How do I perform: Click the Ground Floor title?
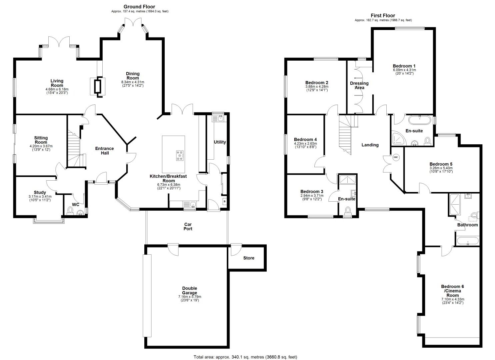[x=139, y=7]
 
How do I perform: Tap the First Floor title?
[x=383, y=15]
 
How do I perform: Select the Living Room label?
[x=57, y=83]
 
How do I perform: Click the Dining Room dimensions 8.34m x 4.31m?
[x=133, y=82]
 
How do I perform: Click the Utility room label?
[x=220, y=142]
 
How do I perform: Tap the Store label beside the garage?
[x=249, y=258]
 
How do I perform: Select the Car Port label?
[x=188, y=227]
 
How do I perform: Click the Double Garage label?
[x=189, y=290]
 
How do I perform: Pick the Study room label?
[x=40, y=192]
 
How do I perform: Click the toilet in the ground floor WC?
[x=70, y=211]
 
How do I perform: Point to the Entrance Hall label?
[x=104, y=151]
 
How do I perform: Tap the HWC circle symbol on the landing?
[x=396, y=158]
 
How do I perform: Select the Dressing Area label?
[x=359, y=85]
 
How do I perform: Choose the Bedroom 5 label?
[x=441, y=164]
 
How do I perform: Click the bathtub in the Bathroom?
[x=468, y=241]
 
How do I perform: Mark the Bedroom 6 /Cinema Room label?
[x=452, y=291]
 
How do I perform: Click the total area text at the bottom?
[x=245, y=357]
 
